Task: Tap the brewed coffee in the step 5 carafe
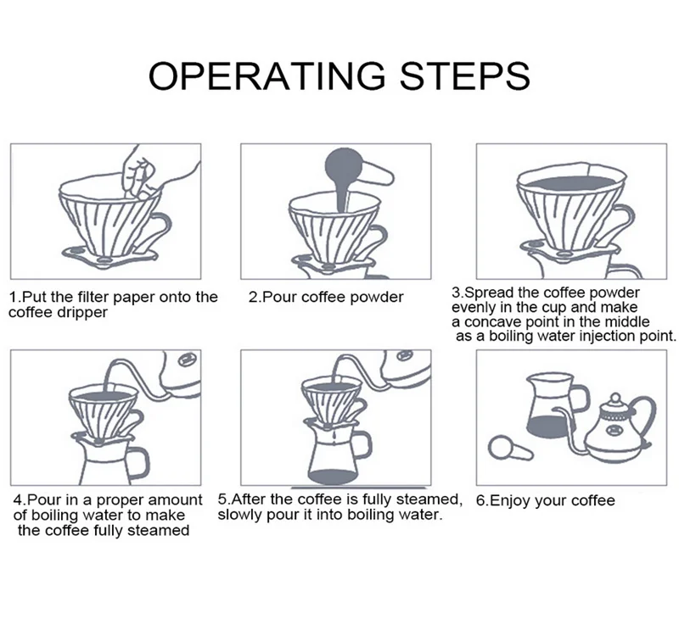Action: point(335,471)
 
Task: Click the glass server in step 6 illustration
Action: point(550,403)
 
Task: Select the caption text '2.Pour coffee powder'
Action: point(326,298)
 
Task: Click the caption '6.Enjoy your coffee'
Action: point(545,500)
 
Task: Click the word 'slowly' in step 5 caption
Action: point(238,514)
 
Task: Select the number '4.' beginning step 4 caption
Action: point(20,500)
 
